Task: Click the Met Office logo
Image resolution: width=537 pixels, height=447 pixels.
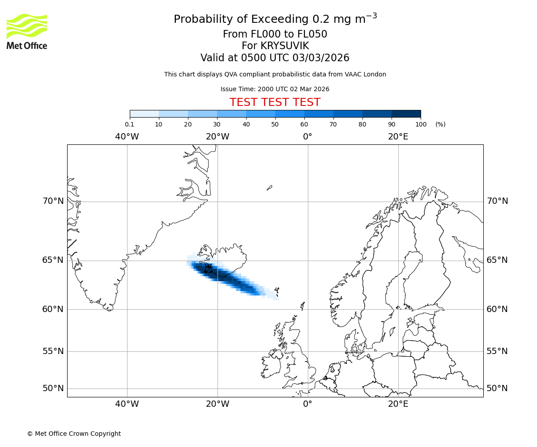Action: (x=27, y=31)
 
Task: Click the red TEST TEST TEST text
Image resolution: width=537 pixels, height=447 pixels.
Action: (x=275, y=102)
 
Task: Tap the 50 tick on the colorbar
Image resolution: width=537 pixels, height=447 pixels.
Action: (x=275, y=124)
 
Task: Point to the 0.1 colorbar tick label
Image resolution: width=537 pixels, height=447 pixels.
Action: (x=129, y=124)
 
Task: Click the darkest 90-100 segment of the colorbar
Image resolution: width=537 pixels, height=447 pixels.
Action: (x=406, y=114)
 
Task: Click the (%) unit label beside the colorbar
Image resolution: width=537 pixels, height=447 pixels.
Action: (x=440, y=124)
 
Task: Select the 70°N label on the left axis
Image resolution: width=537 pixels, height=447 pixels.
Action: (x=53, y=201)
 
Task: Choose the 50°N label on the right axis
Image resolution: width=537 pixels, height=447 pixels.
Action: (x=497, y=388)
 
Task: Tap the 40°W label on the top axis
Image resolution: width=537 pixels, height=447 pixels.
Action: (x=127, y=136)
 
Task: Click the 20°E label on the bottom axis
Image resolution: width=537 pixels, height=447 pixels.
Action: (x=398, y=404)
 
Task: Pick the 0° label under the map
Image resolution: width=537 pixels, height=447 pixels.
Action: (x=307, y=404)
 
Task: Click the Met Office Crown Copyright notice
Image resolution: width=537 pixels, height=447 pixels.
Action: (x=74, y=434)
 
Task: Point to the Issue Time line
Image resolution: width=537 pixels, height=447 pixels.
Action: (x=275, y=89)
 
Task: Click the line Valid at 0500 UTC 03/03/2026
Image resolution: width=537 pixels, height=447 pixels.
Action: (x=275, y=58)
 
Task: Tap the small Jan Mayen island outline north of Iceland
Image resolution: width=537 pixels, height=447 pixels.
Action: (x=269, y=188)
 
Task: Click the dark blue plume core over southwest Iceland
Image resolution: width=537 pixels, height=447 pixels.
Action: (x=210, y=270)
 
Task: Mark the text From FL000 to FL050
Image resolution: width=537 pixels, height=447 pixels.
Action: (x=275, y=34)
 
